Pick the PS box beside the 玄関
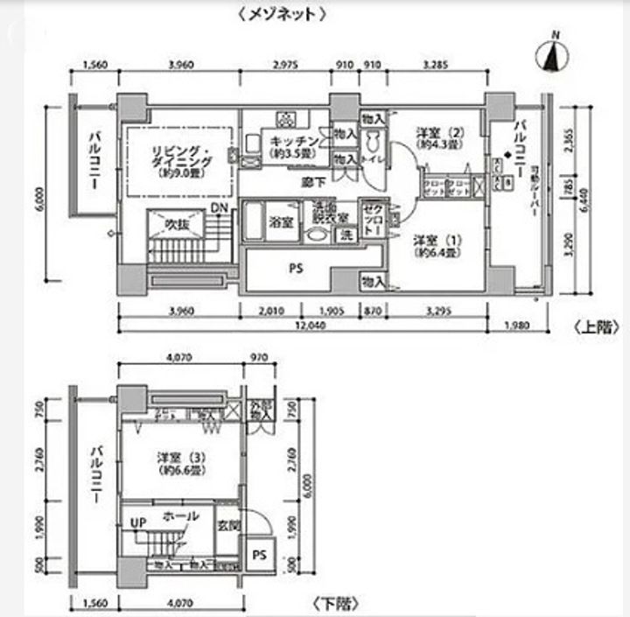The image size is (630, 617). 259,555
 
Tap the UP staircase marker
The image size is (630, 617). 138,523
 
